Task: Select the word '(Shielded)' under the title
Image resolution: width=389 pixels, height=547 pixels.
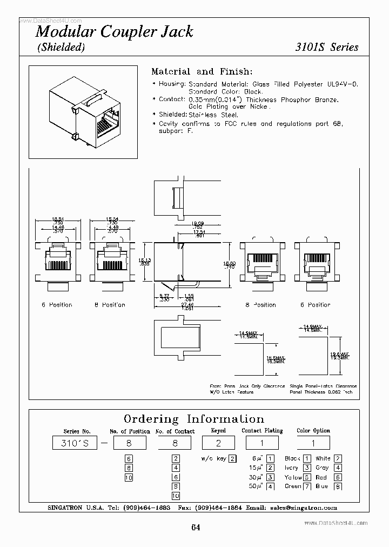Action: tap(61, 48)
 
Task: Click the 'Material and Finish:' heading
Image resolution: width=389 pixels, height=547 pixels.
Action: tap(202, 71)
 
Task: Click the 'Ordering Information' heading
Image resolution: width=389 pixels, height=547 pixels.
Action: tap(194, 419)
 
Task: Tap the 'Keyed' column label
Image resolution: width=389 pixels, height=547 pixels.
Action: tap(218, 431)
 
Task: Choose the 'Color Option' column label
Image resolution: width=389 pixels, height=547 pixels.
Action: tap(313, 431)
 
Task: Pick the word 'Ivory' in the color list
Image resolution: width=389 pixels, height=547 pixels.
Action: tap(292, 468)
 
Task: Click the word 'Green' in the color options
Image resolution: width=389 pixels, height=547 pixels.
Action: tap(292, 486)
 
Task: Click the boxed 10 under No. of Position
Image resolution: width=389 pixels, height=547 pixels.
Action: tap(129, 477)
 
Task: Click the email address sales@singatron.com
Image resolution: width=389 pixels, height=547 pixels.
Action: tap(307, 508)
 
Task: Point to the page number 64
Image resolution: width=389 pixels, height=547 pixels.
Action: tap(195, 528)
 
